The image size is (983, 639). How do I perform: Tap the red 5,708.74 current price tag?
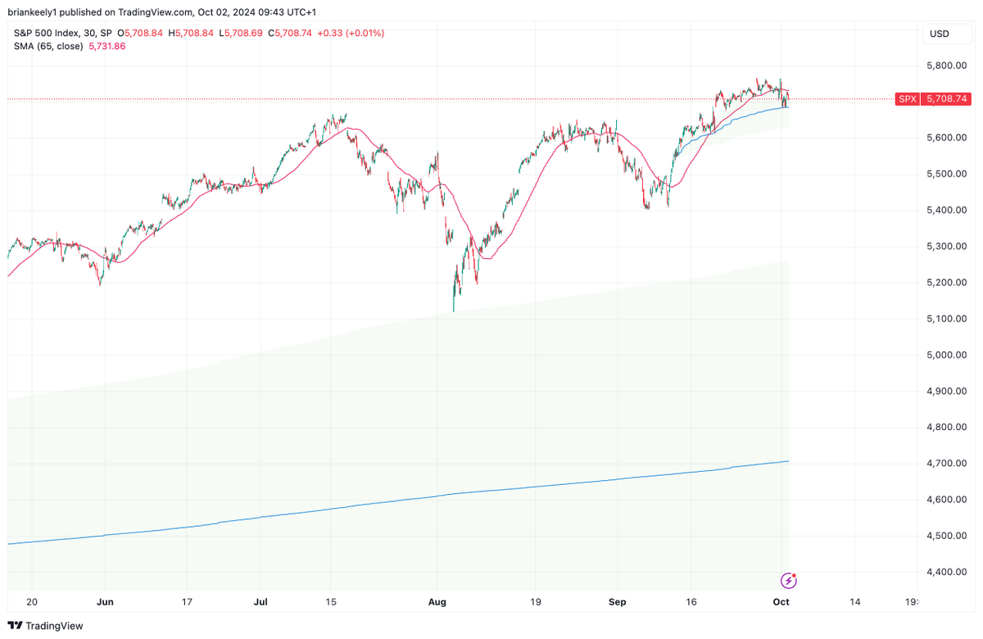(x=947, y=98)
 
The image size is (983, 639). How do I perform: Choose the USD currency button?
(x=940, y=34)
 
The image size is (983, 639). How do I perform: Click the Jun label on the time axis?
(x=105, y=601)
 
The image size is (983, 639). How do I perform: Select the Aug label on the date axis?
(x=437, y=601)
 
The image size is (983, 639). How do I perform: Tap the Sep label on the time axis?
(x=618, y=601)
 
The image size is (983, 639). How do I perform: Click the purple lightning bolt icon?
(x=789, y=581)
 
